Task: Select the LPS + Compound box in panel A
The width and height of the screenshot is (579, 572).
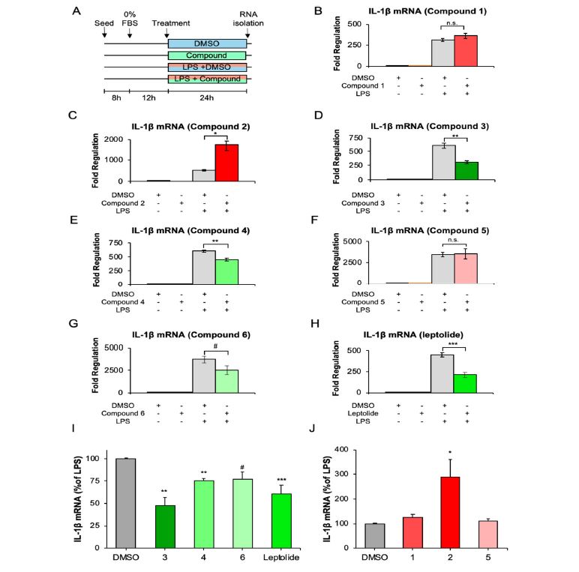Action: pos(207,79)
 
